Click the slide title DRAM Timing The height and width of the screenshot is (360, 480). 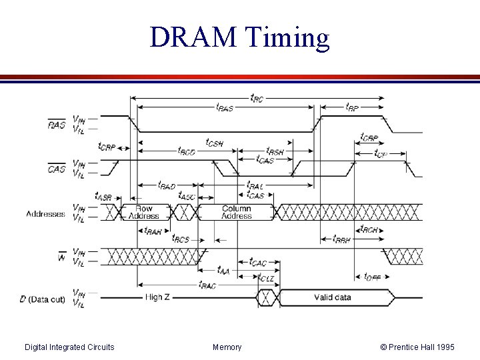[240, 37]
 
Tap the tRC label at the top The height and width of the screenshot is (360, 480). [256, 98]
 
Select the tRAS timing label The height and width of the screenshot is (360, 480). [225, 107]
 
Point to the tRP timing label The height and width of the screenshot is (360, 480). [353, 107]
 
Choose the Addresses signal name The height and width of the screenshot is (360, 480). [45, 214]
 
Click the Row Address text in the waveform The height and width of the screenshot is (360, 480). [144, 212]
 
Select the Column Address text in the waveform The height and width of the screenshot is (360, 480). [237, 212]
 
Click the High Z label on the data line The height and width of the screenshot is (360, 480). [159, 297]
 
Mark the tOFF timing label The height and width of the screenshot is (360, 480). [372, 277]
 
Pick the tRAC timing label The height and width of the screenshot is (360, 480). [207, 285]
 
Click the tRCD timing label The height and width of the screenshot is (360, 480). [187, 151]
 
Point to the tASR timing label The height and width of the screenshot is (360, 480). [103, 196]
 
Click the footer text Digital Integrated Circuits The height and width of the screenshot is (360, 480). [69, 347]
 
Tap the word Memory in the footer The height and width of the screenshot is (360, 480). [227, 347]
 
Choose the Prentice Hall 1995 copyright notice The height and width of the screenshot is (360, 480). [417, 347]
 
